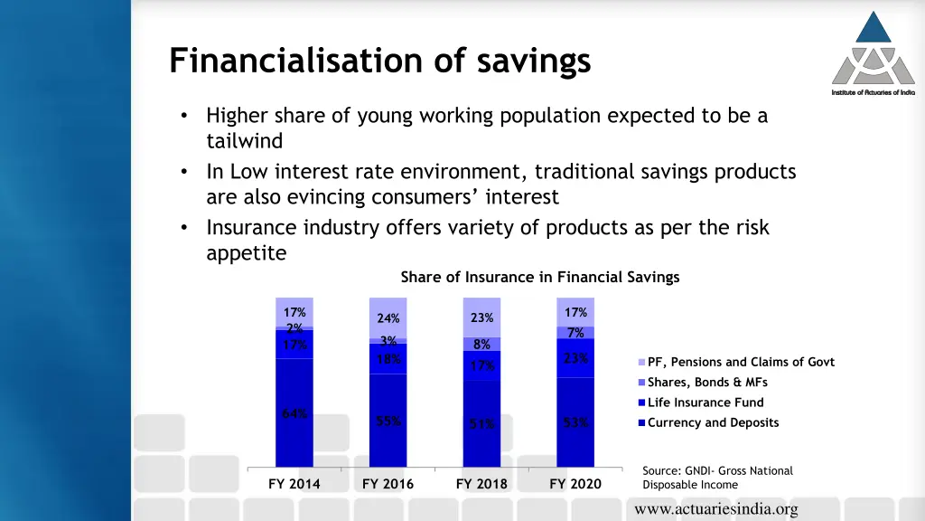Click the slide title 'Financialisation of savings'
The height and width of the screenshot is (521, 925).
click(379, 61)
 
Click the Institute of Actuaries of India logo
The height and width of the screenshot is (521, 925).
click(873, 54)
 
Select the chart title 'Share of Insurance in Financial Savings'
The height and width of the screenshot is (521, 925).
click(539, 277)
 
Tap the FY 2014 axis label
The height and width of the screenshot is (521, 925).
click(294, 484)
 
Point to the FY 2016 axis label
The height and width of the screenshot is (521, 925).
click(388, 484)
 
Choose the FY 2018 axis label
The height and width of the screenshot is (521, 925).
click(481, 484)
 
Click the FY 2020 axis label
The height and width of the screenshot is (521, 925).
click(575, 484)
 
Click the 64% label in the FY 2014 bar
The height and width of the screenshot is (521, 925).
click(294, 414)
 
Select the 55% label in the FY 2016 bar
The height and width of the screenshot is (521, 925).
click(388, 422)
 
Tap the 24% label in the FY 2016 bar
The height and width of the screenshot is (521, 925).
click(388, 318)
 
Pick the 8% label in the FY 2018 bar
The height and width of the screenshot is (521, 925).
click(481, 345)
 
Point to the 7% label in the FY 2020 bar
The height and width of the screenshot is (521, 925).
click(575, 333)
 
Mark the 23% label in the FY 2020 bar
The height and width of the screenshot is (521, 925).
click(575, 358)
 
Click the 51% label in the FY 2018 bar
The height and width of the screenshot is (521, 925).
click(481, 424)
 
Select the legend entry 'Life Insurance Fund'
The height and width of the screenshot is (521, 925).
click(705, 403)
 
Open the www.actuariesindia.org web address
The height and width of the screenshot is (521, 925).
click(716, 510)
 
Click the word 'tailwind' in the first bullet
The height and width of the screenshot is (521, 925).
click(244, 141)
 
